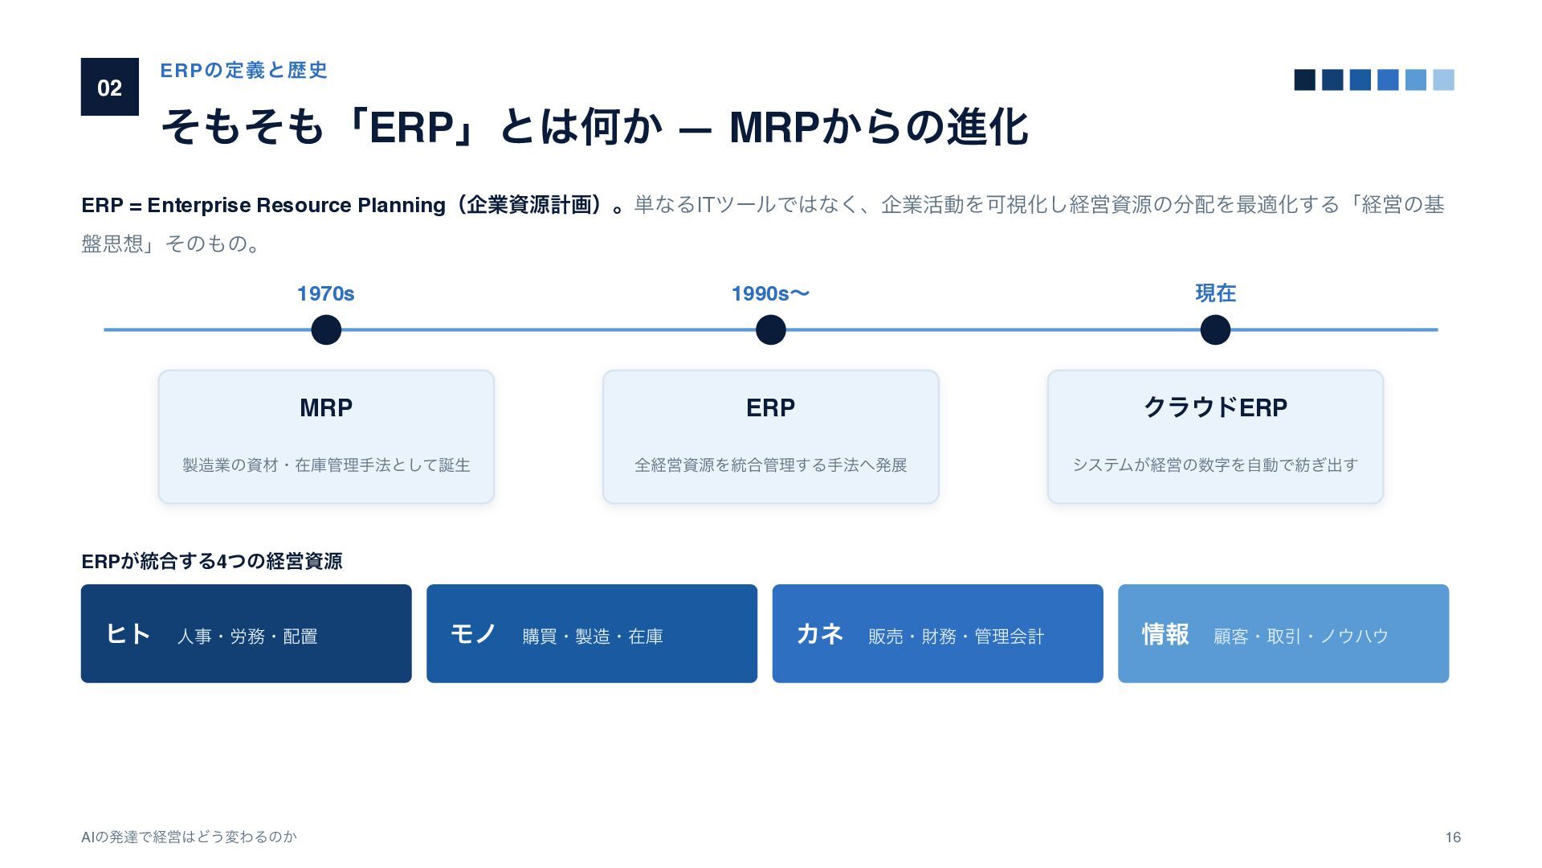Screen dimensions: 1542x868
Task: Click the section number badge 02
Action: tap(109, 87)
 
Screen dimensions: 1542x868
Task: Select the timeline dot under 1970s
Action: tap(326, 330)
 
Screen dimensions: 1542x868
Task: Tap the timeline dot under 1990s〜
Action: tap(771, 330)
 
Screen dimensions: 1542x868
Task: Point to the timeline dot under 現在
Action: tap(1215, 330)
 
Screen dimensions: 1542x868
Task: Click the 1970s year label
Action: tap(325, 293)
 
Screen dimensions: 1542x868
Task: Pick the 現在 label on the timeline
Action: tap(1215, 293)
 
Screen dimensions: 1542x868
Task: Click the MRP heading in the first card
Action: tap(326, 407)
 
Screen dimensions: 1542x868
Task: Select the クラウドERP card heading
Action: tap(1215, 407)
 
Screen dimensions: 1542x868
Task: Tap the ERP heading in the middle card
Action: tap(771, 407)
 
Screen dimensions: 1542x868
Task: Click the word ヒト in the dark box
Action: tap(128, 633)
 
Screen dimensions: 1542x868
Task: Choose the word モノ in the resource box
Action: tap(474, 633)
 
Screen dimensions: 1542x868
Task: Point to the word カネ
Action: tap(820, 633)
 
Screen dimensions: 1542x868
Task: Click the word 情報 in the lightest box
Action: tap(1165, 634)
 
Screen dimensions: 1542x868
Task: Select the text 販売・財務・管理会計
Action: tap(956, 637)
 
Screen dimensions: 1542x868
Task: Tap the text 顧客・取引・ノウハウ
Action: tap(1301, 637)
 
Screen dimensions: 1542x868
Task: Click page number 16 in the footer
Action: tap(1453, 837)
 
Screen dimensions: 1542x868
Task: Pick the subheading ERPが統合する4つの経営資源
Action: tap(212, 561)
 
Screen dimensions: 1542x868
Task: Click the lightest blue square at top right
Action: tap(1443, 80)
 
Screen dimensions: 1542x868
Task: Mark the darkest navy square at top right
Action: tap(1305, 80)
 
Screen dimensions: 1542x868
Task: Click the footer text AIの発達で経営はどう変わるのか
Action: tap(190, 837)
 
